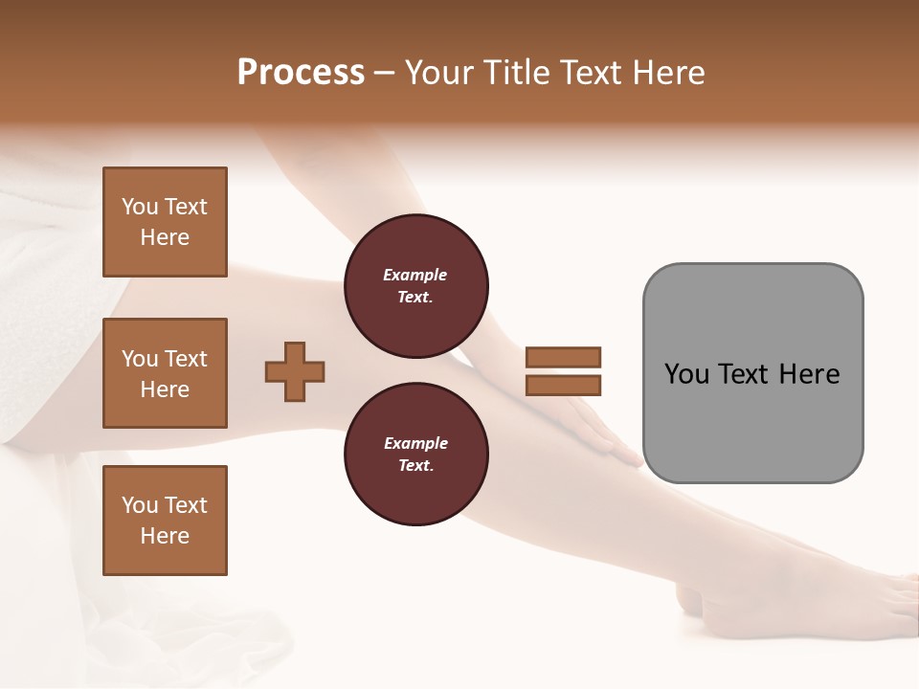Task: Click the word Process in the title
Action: [x=301, y=73]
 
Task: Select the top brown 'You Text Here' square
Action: [x=165, y=222]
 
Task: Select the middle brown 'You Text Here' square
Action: [x=165, y=373]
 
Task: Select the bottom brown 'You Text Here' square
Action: [x=165, y=521]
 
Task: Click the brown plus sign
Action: [x=295, y=371]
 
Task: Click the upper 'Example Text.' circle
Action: [x=415, y=286]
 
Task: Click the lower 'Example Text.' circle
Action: [x=415, y=455]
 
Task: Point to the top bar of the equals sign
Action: [x=563, y=357]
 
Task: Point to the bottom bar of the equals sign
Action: [x=563, y=385]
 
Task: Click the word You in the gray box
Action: [x=686, y=374]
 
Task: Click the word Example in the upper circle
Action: [x=415, y=276]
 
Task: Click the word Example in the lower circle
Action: [x=415, y=444]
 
